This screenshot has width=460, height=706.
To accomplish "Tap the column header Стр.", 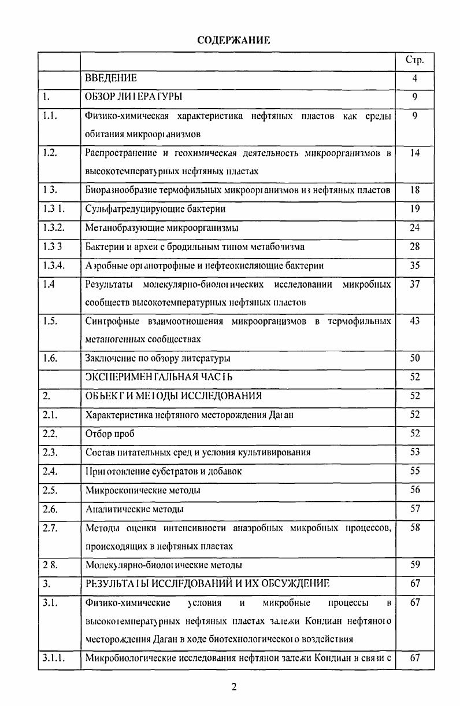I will [x=414, y=60].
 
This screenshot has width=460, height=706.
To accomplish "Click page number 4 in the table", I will [x=414, y=78].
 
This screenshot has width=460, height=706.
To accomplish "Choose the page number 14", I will [x=414, y=153].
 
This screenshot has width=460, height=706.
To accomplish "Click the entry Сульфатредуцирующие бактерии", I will [x=155, y=209].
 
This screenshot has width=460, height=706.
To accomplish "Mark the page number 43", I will [x=414, y=321].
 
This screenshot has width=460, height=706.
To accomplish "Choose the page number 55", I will [x=414, y=471].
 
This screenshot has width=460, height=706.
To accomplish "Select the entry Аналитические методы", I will [x=135, y=509].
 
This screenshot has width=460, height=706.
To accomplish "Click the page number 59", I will [x=414, y=565].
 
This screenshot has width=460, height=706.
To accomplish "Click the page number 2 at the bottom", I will [x=234, y=687].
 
